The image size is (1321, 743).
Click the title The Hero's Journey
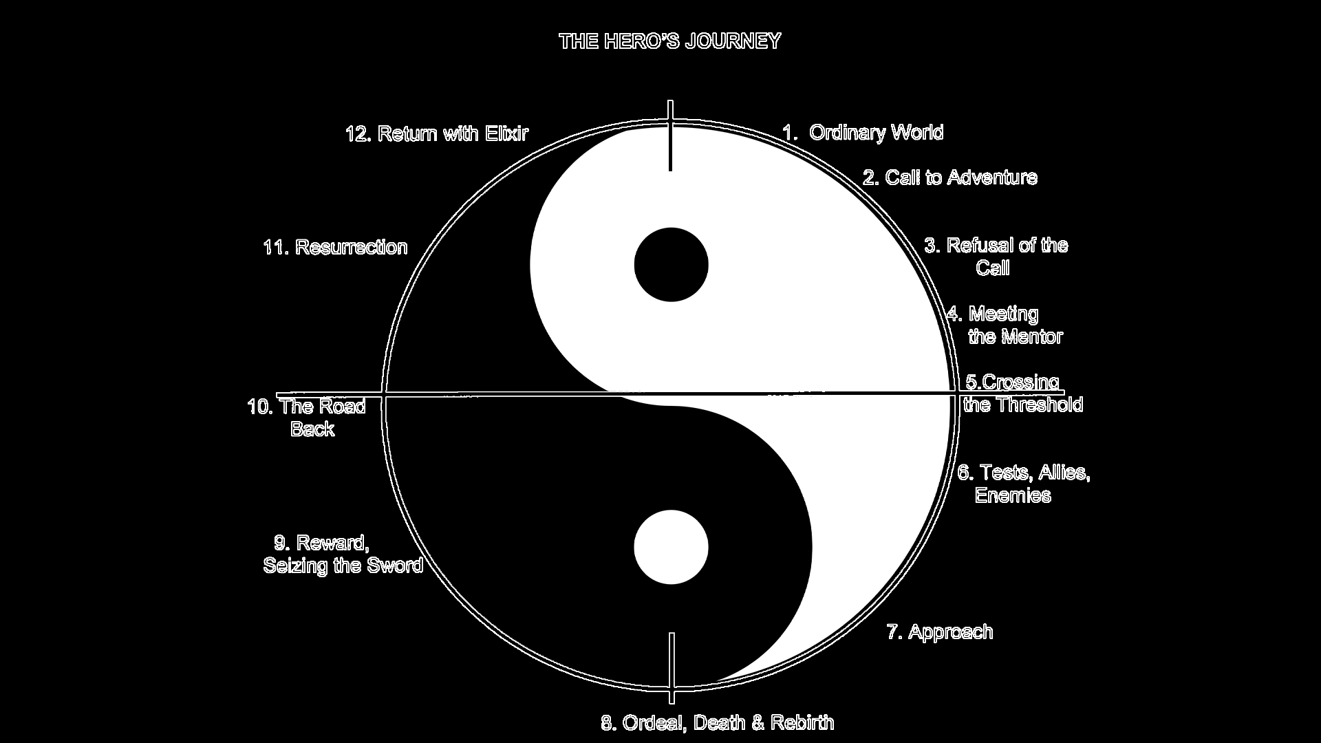pos(669,41)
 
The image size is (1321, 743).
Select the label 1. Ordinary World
pos(863,132)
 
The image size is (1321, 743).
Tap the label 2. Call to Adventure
pos(950,177)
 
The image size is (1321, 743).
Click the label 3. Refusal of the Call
pos(996,256)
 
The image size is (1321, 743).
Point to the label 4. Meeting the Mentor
pos(1005,325)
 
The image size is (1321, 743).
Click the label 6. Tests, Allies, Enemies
pos(1024,484)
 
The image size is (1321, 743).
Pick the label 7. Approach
pos(939,632)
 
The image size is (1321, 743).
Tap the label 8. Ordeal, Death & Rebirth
pos(718,723)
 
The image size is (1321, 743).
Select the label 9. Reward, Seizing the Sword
pos(343,554)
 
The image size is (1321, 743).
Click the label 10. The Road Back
pos(307,418)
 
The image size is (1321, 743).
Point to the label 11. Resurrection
pos(335,247)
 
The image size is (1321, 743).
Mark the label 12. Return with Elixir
pos(437,133)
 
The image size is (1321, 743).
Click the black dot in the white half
pos(671,265)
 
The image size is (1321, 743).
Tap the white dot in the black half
pos(671,548)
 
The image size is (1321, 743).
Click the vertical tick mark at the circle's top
pos(671,136)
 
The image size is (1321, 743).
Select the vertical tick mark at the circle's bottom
pos(672,668)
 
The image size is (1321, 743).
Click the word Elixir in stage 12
pos(506,133)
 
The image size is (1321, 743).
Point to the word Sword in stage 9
pos(394,566)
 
